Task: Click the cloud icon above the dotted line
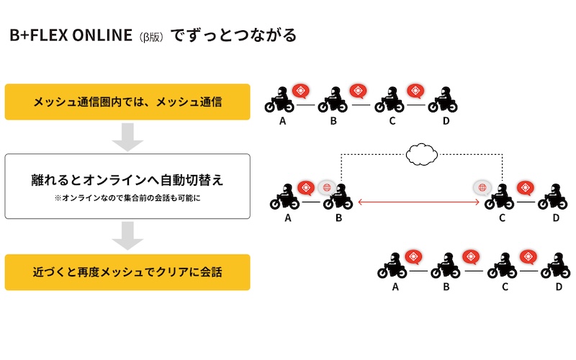pos(422,153)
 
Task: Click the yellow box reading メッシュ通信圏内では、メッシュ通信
pos(127,102)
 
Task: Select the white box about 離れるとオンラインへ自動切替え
pos(127,186)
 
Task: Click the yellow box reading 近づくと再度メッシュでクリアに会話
pos(127,272)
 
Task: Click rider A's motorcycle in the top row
pos(280,102)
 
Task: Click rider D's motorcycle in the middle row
pos(552,197)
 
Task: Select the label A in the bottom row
pos(395,287)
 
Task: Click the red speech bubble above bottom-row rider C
pos(528,256)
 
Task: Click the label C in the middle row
pos(501,217)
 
